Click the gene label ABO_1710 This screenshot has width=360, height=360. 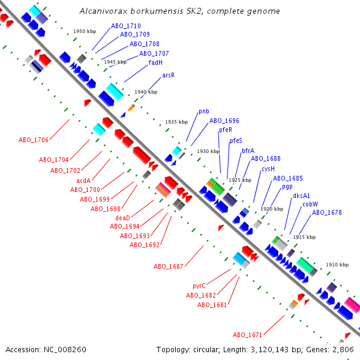coord(126,26)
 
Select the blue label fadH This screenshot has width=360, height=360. coord(155,62)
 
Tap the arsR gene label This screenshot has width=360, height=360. coord(168,76)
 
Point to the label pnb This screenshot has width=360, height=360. coord(203,112)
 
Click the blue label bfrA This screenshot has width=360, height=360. coord(248,151)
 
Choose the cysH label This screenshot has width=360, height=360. coord(268,169)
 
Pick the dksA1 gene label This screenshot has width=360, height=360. coord(301,196)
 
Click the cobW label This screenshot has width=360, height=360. coord(310,204)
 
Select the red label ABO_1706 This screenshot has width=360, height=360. coord(34,140)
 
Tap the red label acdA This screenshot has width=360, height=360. coord(83,181)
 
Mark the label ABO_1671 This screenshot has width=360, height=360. coord(248,335)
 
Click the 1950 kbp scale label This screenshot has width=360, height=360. coord(85,31)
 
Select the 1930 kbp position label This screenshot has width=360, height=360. coord(208,151)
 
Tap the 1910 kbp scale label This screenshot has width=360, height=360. coord(337,265)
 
